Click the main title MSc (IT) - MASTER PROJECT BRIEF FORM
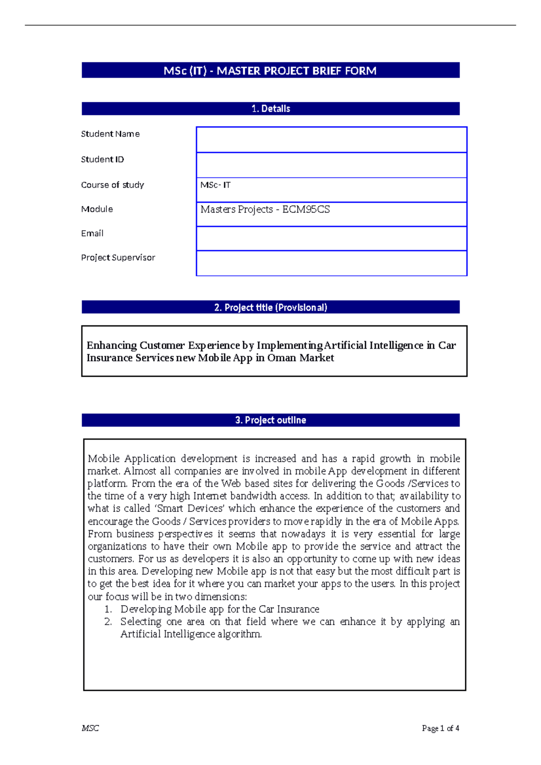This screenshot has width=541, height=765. point(270,71)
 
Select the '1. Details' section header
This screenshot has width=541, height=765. point(270,109)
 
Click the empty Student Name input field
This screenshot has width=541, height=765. point(331,140)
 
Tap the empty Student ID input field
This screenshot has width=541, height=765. point(331,165)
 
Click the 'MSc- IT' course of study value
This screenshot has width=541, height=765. point(215,185)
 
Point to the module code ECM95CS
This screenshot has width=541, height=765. point(306,209)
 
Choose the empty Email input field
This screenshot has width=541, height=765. point(331,238)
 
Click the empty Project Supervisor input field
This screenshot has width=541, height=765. point(331,263)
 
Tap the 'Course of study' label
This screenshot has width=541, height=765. point(113,185)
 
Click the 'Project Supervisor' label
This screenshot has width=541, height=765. point(118,258)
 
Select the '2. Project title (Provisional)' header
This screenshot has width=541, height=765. point(270,308)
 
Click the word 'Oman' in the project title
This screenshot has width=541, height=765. point(282,358)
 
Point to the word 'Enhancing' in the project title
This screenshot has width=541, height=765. point(112,346)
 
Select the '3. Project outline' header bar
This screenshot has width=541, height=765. point(270,420)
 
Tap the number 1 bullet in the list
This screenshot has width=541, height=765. point(108,610)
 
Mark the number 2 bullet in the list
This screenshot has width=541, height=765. point(108,622)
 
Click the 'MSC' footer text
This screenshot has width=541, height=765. point(90,729)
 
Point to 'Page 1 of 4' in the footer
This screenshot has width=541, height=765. point(440,729)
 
